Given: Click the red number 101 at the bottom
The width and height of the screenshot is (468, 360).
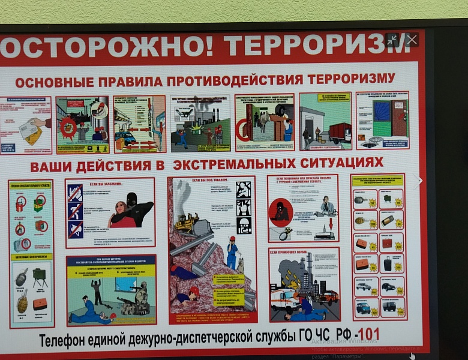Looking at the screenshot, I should (368, 334).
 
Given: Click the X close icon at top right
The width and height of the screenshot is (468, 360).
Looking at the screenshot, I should (412, 40).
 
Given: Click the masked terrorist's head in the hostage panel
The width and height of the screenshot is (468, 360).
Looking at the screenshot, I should (131, 200).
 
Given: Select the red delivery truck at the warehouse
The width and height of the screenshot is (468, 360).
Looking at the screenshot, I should (340, 132).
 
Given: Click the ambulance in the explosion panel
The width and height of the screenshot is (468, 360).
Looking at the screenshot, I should (284, 298).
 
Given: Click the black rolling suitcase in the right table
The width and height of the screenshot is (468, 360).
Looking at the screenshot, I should (389, 263).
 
